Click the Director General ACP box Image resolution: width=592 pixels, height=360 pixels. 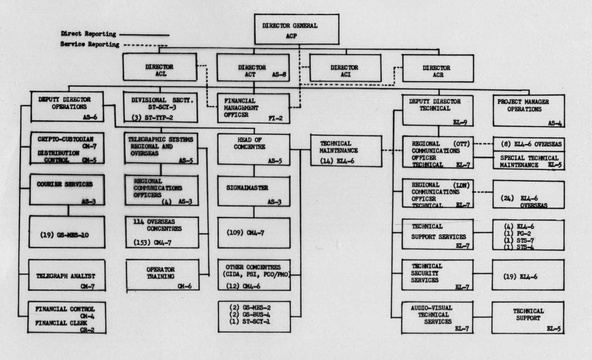click(x=296, y=29)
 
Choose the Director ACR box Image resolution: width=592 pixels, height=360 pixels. click(x=437, y=68)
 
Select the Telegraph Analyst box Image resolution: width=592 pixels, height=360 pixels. click(x=67, y=275)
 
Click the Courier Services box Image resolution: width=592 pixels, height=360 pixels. click(x=67, y=189)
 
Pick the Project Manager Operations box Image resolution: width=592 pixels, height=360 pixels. click(x=528, y=110)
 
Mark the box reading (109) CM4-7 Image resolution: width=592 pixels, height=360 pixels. click(x=254, y=233)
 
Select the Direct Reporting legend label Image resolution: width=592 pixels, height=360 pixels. click(x=88, y=34)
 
